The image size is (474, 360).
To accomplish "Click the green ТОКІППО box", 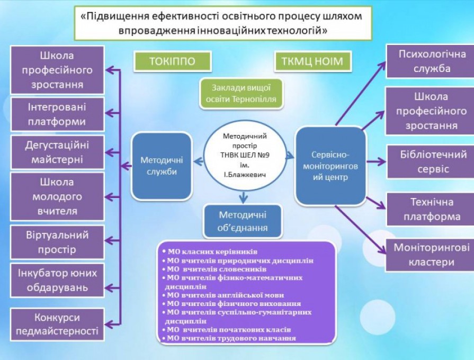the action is click(172, 61).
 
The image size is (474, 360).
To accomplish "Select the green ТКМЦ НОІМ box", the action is click(313, 61).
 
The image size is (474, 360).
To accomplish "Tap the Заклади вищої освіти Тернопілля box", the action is click(241, 93).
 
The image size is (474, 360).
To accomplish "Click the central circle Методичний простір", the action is click(245, 155).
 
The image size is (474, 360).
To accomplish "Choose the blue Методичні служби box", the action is click(162, 166).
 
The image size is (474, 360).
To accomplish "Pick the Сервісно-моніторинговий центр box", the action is click(330, 166).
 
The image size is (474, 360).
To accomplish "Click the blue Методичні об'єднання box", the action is click(243, 221).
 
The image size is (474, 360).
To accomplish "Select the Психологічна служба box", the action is click(431, 61).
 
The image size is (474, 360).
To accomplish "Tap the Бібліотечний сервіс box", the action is click(431, 161).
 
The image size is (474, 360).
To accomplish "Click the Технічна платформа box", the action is click(431, 209).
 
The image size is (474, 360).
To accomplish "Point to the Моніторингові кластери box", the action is click(431, 255).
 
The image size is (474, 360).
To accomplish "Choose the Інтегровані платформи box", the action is click(57, 114).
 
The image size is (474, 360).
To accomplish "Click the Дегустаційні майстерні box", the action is click(57, 152).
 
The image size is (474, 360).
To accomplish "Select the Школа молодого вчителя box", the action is click(57, 196).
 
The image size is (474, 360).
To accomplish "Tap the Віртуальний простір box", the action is click(57, 242).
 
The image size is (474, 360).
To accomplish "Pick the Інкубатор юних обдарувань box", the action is click(57, 280).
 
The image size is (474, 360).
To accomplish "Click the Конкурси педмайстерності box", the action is click(57, 325).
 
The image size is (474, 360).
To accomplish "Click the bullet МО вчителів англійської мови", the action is click(223, 295).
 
